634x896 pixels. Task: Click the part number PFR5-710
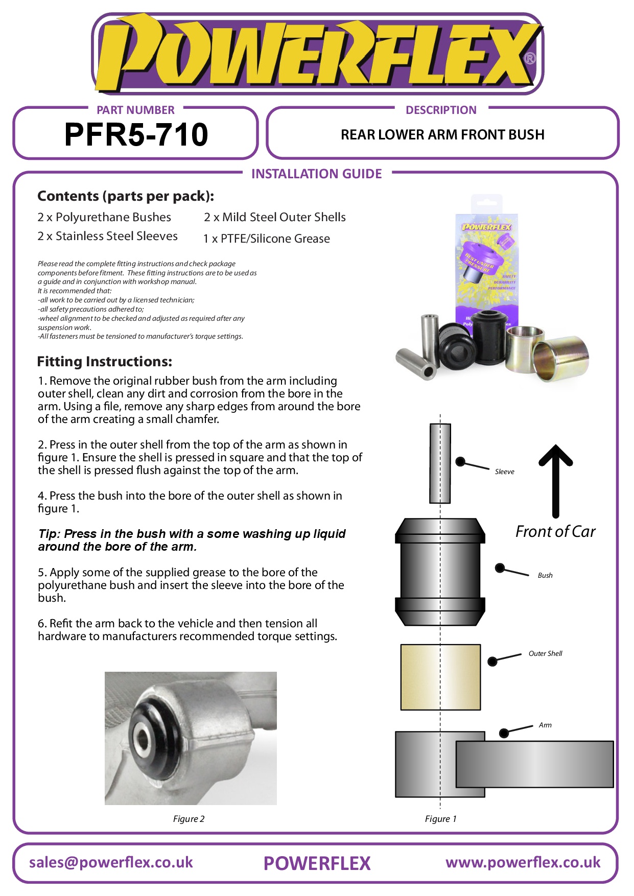pyautogui.click(x=136, y=134)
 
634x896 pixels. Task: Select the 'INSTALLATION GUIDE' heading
pyautogui.click(x=316, y=174)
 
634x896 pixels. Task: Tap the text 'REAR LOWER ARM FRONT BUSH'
pyautogui.click(x=442, y=135)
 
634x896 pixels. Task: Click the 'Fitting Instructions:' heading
pyautogui.click(x=104, y=362)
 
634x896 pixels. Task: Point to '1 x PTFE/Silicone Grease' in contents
pyautogui.click(x=266, y=239)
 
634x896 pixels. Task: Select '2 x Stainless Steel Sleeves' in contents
pyautogui.click(x=107, y=236)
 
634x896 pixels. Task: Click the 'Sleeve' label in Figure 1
pyautogui.click(x=504, y=471)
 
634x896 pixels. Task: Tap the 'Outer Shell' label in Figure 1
pyautogui.click(x=545, y=653)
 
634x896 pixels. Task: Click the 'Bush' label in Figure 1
pyautogui.click(x=545, y=575)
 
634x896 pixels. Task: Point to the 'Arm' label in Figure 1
pyautogui.click(x=545, y=725)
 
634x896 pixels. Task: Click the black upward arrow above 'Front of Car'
pyautogui.click(x=556, y=480)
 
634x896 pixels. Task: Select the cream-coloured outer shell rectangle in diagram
pyautogui.click(x=440, y=677)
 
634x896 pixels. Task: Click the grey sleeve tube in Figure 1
pyautogui.click(x=440, y=463)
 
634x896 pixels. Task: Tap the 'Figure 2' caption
pyautogui.click(x=189, y=819)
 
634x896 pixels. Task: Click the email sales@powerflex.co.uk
pyautogui.click(x=111, y=862)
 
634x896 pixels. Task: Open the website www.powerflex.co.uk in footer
pyautogui.click(x=523, y=862)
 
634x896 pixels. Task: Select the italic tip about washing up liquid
pyautogui.click(x=192, y=540)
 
